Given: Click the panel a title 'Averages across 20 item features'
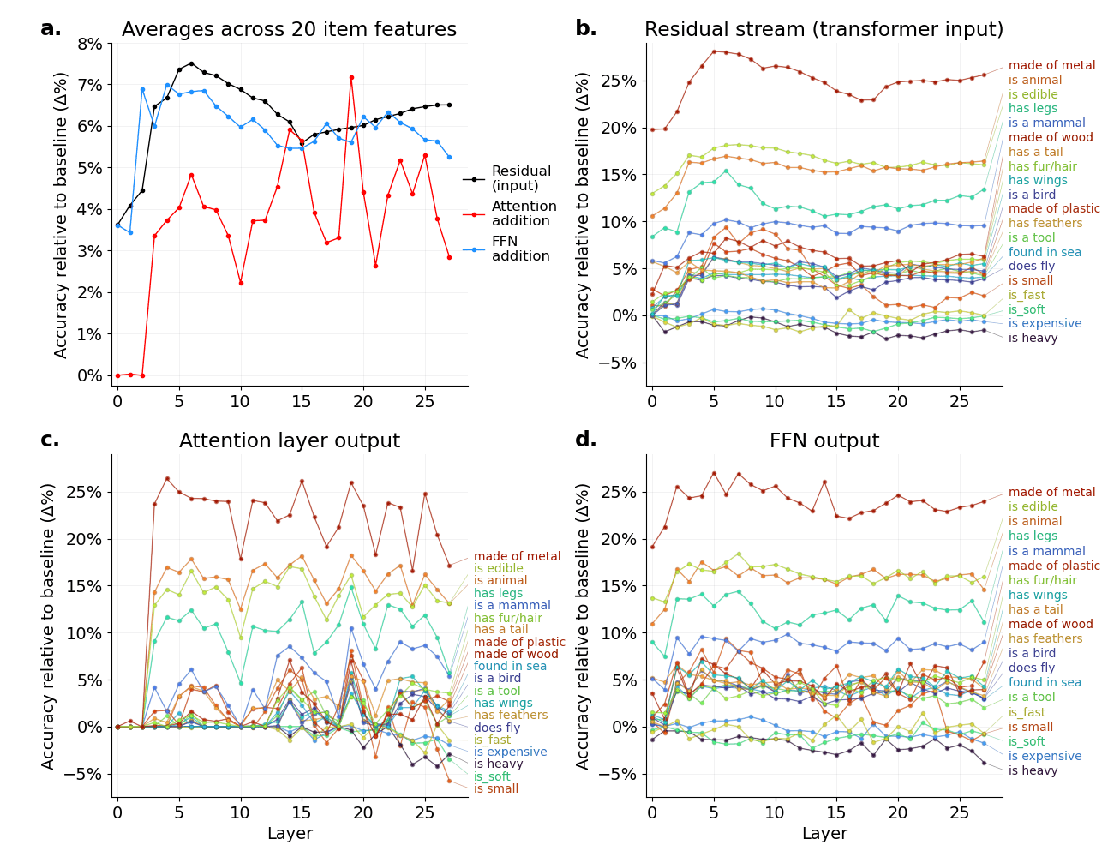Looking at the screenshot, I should pyautogui.click(x=289, y=30).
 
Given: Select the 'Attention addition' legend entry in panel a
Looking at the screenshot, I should pyautogui.click(x=524, y=213).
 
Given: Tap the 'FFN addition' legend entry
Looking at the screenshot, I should pyautogui.click(x=520, y=249).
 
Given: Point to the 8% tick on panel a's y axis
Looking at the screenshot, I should pyautogui.click(x=89, y=44).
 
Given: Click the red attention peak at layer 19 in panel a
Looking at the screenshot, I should pyautogui.click(x=351, y=77).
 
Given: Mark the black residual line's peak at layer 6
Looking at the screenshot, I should pyautogui.click(x=191, y=63).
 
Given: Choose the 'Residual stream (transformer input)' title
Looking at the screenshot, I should pyautogui.click(x=824, y=30).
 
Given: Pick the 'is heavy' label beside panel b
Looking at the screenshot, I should pyautogui.click(x=1033, y=338).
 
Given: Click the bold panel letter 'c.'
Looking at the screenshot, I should pyautogui.click(x=51, y=440).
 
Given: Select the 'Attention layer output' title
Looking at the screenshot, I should pyautogui.click(x=289, y=441).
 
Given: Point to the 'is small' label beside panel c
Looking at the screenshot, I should pyautogui.click(x=496, y=788).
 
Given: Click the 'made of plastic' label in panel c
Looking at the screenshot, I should pyautogui.click(x=519, y=642).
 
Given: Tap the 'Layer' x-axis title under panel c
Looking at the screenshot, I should pyautogui.click(x=290, y=834).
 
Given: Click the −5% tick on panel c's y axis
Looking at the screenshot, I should pyautogui.click(x=85, y=774).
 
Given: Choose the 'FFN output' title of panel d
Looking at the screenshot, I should pyautogui.click(x=824, y=441).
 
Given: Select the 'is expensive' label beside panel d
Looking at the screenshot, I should pyautogui.click(x=1045, y=756).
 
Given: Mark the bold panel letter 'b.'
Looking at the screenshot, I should pyautogui.click(x=585, y=29).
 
